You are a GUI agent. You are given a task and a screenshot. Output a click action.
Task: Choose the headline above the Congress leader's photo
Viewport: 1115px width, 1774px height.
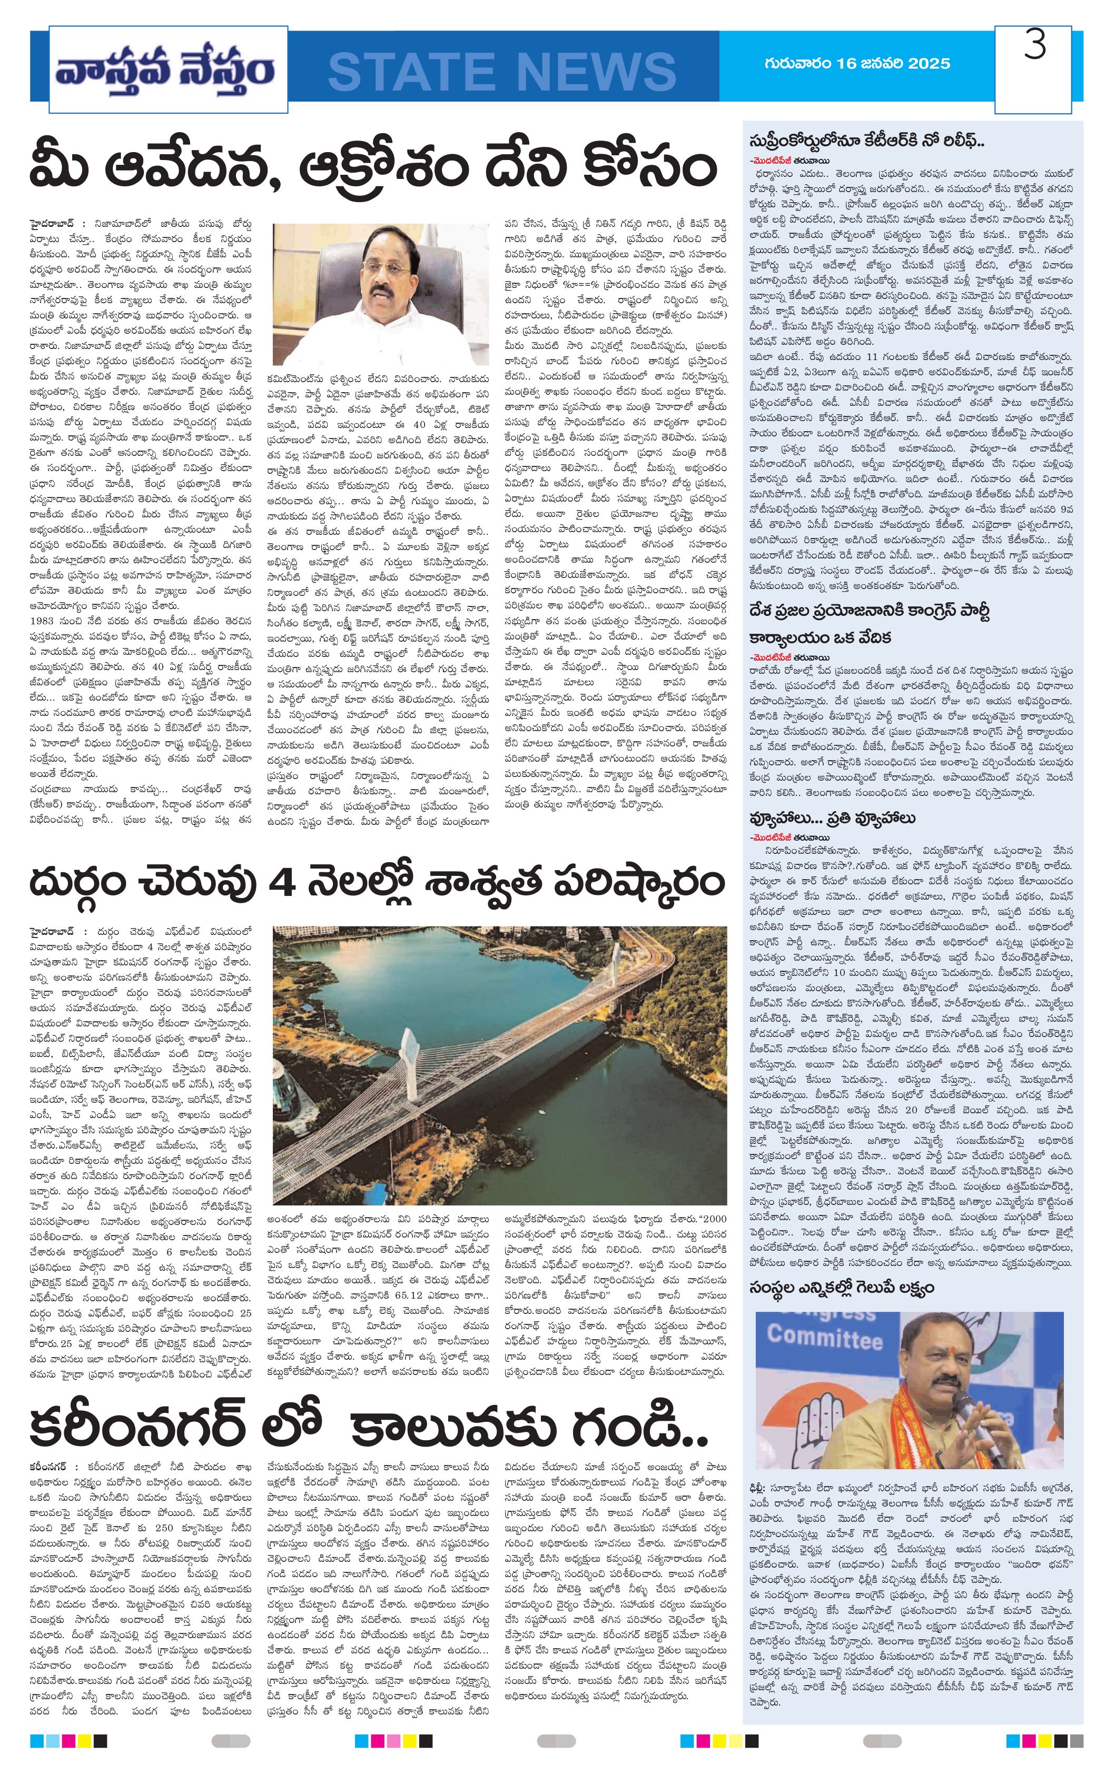click(x=841, y=1287)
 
